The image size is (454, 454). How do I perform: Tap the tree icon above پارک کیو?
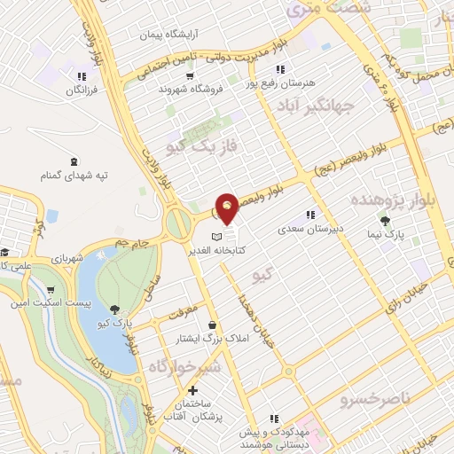pos(115,308)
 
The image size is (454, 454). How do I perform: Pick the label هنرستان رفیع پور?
pos(283,82)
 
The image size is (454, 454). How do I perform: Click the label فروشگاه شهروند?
pos(184,89)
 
